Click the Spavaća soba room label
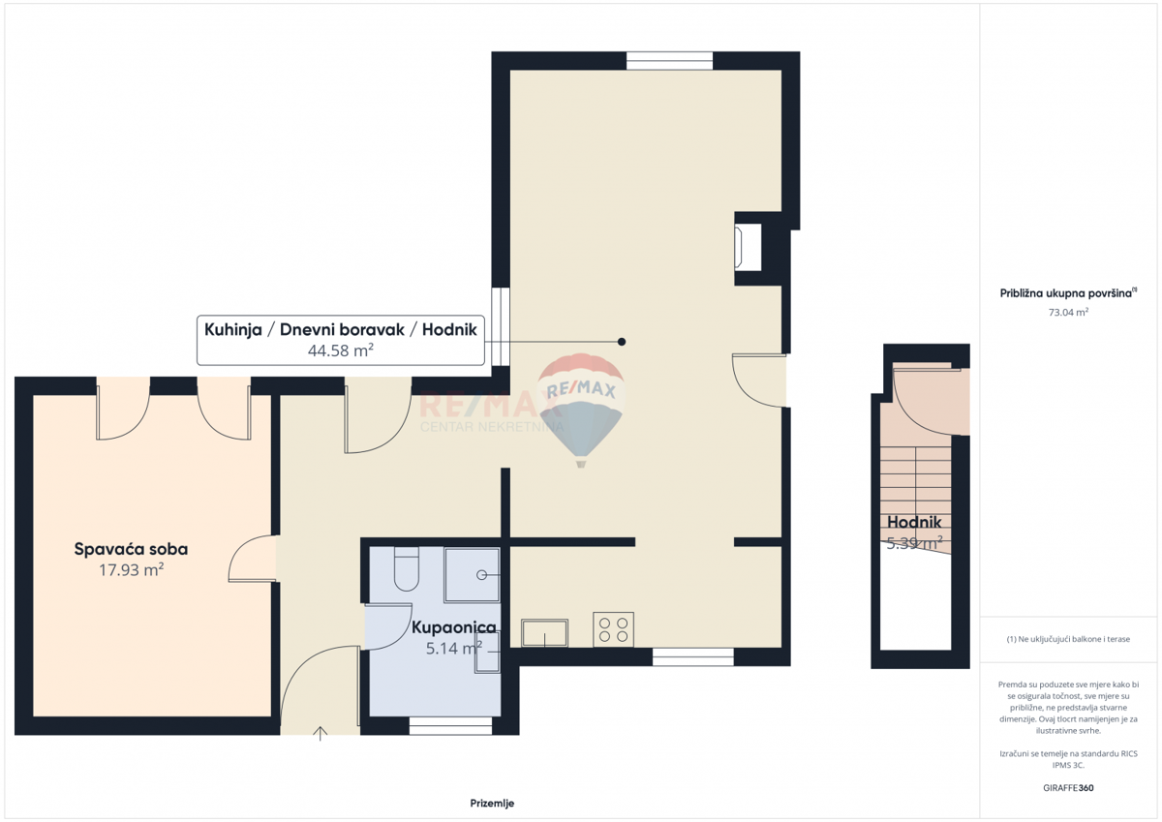click(131, 549)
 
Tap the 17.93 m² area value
click(131, 570)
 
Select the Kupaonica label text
click(453, 627)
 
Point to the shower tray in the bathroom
click(472, 575)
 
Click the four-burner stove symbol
click(613, 629)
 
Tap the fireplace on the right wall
click(748, 247)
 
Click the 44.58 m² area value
click(341, 350)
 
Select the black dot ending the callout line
click(622, 342)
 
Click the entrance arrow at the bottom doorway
click(321, 733)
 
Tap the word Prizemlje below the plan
click(492, 804)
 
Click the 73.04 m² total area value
click(1068, 312)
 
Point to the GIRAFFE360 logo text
click(1068, 787)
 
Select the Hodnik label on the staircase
click(914, 523)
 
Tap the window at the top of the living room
click(669, 60)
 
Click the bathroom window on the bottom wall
click(450, 725)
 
